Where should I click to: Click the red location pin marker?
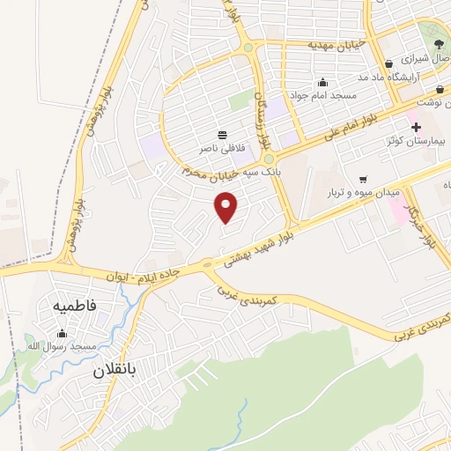[226, 208]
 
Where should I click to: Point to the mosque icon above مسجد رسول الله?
[62, 334]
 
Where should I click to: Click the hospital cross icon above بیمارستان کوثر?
[417, 126]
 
